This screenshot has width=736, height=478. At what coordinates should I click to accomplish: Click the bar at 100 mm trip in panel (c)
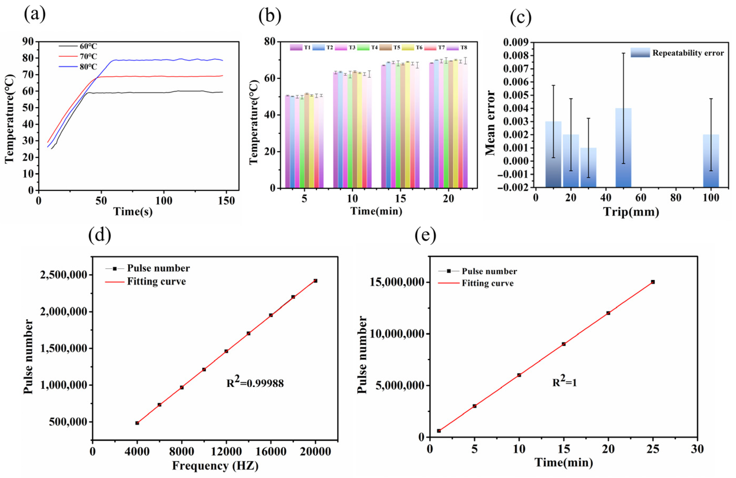(x=711, y=161)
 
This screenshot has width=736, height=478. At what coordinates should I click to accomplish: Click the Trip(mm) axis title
(x=631, y=212)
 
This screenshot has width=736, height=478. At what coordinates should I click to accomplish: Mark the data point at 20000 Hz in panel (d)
(x=315, y=281)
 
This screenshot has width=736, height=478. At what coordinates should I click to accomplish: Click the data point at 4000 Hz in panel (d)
(x=137, y=423)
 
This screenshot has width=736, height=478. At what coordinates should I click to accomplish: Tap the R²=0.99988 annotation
(x=255, y=383)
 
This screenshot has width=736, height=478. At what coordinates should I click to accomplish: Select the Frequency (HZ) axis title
(x=215, y=465)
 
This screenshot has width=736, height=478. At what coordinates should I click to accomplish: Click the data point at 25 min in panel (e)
(x=652, y=282)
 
